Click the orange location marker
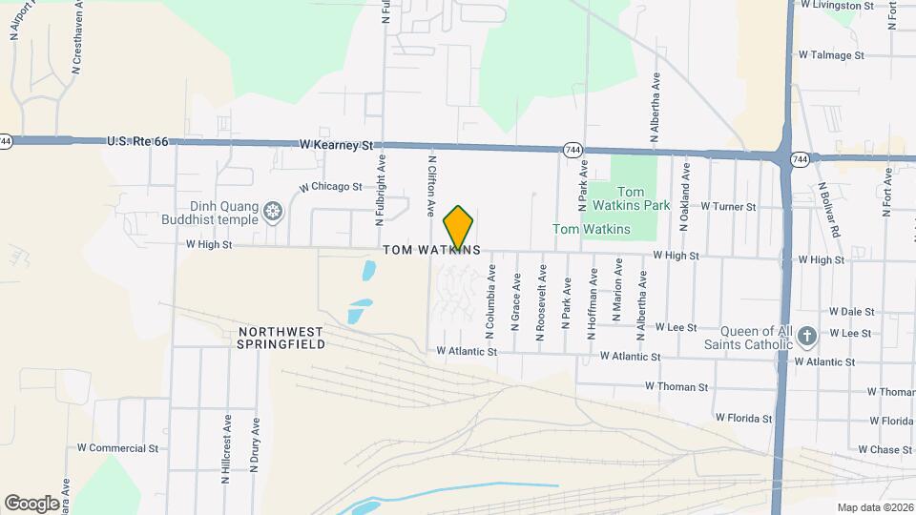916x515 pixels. [x=459, y=227]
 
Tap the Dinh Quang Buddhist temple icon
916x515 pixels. [x=273, y=211]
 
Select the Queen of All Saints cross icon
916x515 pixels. [x=806, y=336]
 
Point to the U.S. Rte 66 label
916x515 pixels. [x=137, y=141]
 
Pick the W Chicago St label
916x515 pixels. [x=330, y=187]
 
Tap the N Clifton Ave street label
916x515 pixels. [x=431, y=185]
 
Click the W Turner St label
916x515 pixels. [x=728, y=206]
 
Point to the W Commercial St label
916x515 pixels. [x=117, y=447]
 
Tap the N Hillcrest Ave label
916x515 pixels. [x=227, y=448]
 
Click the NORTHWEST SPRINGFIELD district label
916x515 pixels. [x=281, y=338]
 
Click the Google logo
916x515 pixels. [x=31, y=503]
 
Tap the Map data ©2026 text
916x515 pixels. [x=874, y=507]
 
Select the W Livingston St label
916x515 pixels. [x=837, y=5]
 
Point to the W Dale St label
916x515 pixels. [x=852, y=311]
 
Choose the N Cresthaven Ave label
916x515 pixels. [x=76, y=44]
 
